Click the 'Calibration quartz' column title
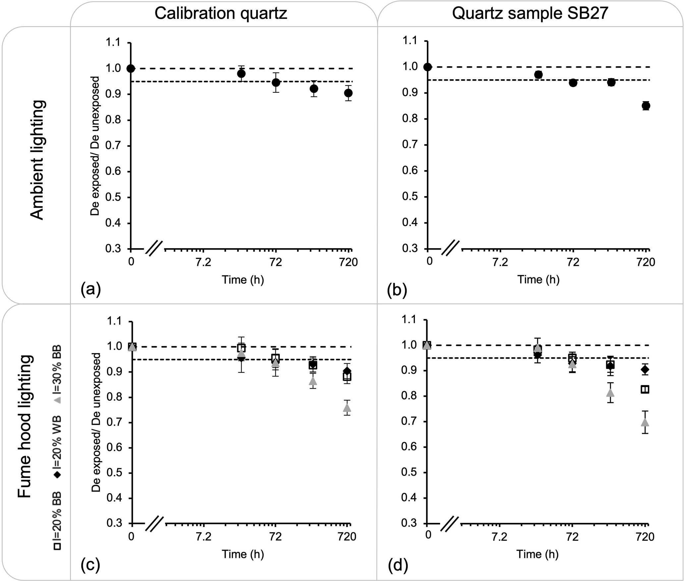(221, 14)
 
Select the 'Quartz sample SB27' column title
(530, 14)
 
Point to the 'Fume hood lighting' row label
(25, 427)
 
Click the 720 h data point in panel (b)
(646, 106)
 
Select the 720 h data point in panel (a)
(348, 93)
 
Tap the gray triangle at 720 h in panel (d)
(645, 422)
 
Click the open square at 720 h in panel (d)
(645, 389)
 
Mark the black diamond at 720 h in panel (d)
(645, 369)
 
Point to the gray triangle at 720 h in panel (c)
(347, 407)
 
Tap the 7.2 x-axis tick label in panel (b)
(500, 262)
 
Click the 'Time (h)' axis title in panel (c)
(243, 554)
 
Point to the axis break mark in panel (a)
(154, 249)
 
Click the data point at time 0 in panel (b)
(428, 67)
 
